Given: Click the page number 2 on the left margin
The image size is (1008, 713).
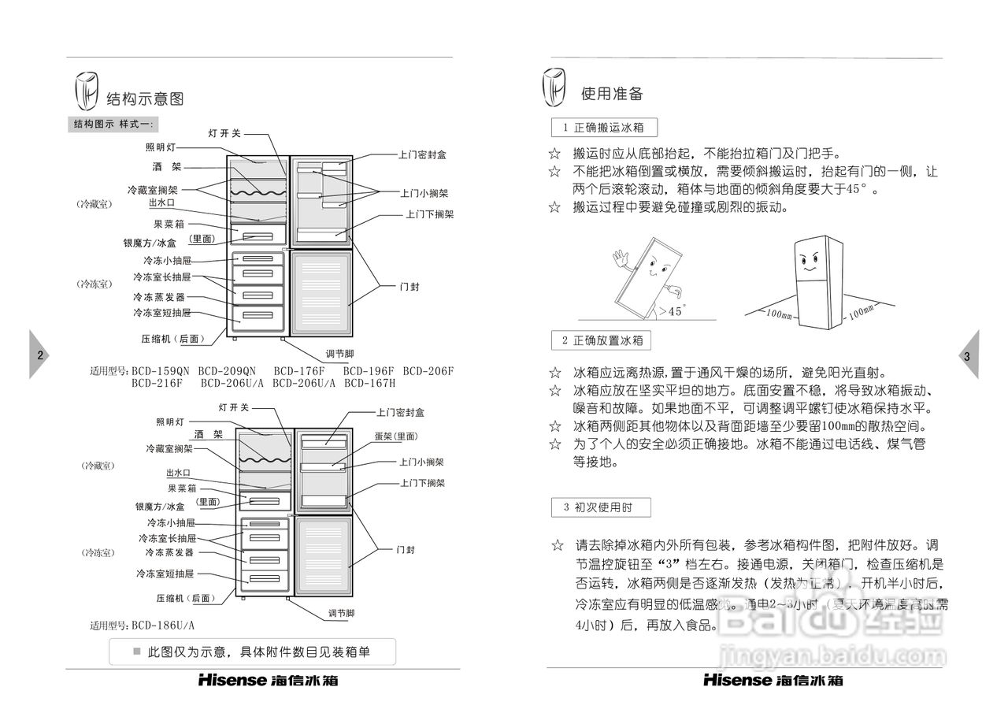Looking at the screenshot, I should [39, 355].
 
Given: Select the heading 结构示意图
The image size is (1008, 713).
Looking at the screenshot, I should [145, 99].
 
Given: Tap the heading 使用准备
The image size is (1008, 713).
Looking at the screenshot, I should [612, 94].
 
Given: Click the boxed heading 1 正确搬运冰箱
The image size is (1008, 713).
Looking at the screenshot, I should [604, 128].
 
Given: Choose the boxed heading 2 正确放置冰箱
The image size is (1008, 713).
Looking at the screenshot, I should [602, 341].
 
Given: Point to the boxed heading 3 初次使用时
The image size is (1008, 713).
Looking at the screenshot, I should [601, 508].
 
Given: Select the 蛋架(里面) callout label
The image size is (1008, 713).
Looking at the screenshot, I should [396, 436].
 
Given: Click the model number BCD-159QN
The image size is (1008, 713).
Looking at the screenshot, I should [161, 371].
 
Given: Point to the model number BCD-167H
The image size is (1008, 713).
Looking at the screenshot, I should [369, 384].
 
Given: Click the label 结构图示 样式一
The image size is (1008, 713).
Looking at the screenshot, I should [115, 124].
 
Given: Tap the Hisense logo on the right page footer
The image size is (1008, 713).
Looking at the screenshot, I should [738, 680].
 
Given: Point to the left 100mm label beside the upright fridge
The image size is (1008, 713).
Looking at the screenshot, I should [780, 315].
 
